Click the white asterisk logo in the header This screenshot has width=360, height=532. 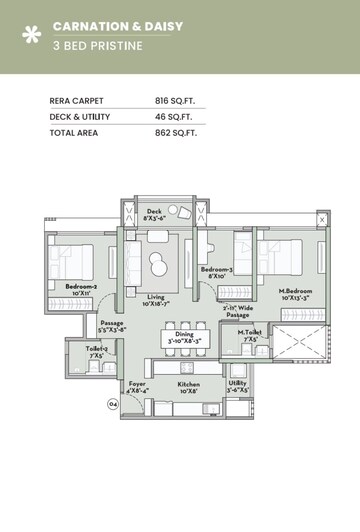point(31,35)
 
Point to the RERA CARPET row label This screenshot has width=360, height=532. point(77,101)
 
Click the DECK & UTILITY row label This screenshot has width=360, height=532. point(81,117)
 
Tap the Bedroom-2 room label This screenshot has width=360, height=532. point(81,286)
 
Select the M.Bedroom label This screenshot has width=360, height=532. point(270,292)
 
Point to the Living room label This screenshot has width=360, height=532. point(155,297)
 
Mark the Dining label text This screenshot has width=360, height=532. point(185,334)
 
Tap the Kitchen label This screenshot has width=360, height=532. point(189,383)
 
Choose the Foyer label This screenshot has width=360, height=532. point(137,383)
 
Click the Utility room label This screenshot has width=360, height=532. point(237,383)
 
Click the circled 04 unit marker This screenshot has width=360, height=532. point(112,404)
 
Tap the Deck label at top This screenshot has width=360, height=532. point(154,212)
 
